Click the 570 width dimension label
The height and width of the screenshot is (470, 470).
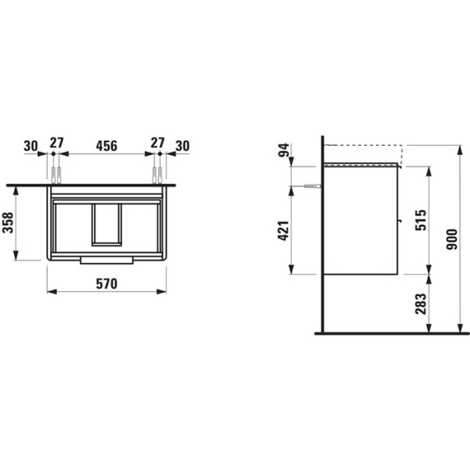click(107, 284)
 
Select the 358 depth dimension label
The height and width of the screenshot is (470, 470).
click(8, 222)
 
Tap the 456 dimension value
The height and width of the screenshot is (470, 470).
click(107, 146)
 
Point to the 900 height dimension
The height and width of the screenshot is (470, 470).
click(452, 239)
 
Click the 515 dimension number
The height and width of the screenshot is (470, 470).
click(421, 220)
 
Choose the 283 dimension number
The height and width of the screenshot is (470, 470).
click(421, 304)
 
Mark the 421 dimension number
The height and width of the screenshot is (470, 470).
click(284, 230)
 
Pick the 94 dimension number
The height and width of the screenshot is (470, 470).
click(284, 150)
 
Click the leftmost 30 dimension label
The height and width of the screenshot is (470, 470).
click(31, 146)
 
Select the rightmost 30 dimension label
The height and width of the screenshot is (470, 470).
click(183, 146)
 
